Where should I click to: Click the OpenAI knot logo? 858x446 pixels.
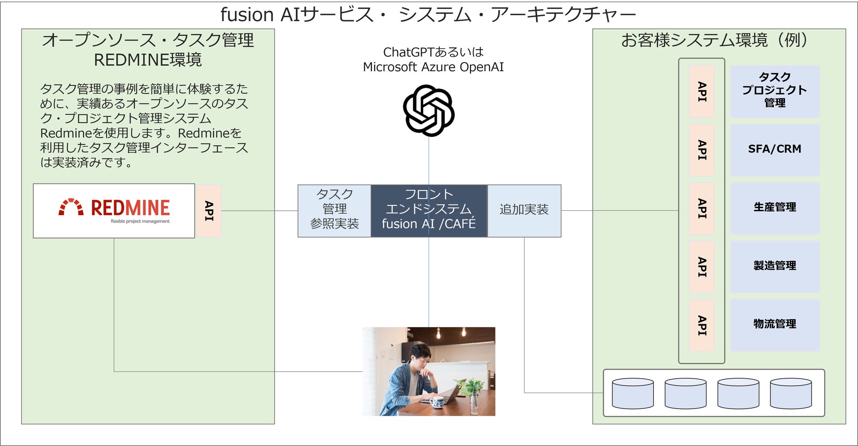pyautogui.click(x=429, y=110)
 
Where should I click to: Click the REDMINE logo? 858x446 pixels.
pyautogui.click(x=114, y=211)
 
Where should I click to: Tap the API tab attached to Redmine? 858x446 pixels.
pyautogui.click(x=209, y=211)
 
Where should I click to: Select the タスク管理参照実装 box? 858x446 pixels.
pyautogui.click(x=334, y=211)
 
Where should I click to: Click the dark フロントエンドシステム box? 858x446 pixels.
pyautogui.click(x=429, y=211)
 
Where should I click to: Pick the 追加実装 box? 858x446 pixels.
pyautogui.click(x=524, y=211)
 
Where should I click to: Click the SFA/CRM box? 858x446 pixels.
pyautogui.click(x=775, y=150)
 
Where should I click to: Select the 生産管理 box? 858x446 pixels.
pyautogui.click(x=775, y=208)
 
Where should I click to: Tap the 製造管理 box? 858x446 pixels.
pyautogui.click(x=775, y=266)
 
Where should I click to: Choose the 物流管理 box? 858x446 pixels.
pyautogui.click(x=775, y=325)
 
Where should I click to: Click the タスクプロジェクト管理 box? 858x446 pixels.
pyautogui.click(x=775, y=91)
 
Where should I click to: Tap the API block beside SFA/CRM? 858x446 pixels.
pyautogui.click(x=702, y=150)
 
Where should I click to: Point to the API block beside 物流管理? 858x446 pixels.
pyautogui.click(x=702, y=325)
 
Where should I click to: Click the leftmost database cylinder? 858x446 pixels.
pyautogui.click(x=633, y=393)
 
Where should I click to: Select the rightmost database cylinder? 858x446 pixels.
pyautogui.click(x=791, y=393)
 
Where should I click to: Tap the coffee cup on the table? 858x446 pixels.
pyautogui.click(x=437, y=402)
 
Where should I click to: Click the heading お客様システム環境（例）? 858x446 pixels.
pyautogui.click(x=715, y=40)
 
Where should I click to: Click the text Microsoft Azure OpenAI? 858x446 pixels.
pyautogui.click(x=433, y=67)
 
